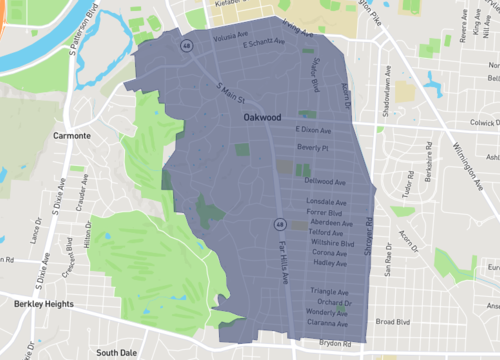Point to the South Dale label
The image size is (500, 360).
tap(116, 352)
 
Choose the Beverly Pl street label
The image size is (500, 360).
tap(312, 146)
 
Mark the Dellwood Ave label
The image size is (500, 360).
tap(325, 182)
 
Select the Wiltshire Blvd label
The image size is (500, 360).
tap(333, 243)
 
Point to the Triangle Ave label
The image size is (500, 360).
tap(329, 292)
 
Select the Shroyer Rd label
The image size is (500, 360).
tap(367, 236)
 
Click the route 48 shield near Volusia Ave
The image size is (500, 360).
tap(186, 46)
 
